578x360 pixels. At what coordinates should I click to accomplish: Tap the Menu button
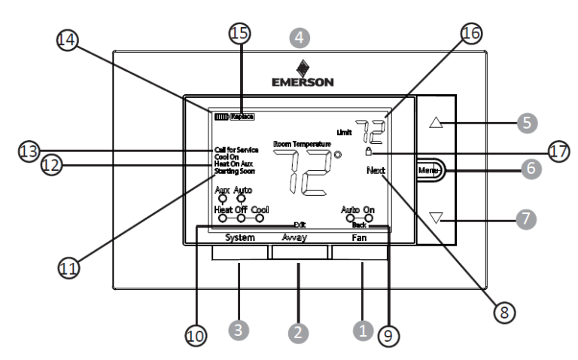[429, 170]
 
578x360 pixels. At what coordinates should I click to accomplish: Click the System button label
[239, 237]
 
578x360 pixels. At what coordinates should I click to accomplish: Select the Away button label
[300, 237]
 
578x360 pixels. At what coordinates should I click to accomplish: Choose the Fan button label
[360, 237]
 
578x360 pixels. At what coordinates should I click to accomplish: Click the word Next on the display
[376, 171]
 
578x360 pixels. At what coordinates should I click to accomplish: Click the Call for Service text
[236, 151]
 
